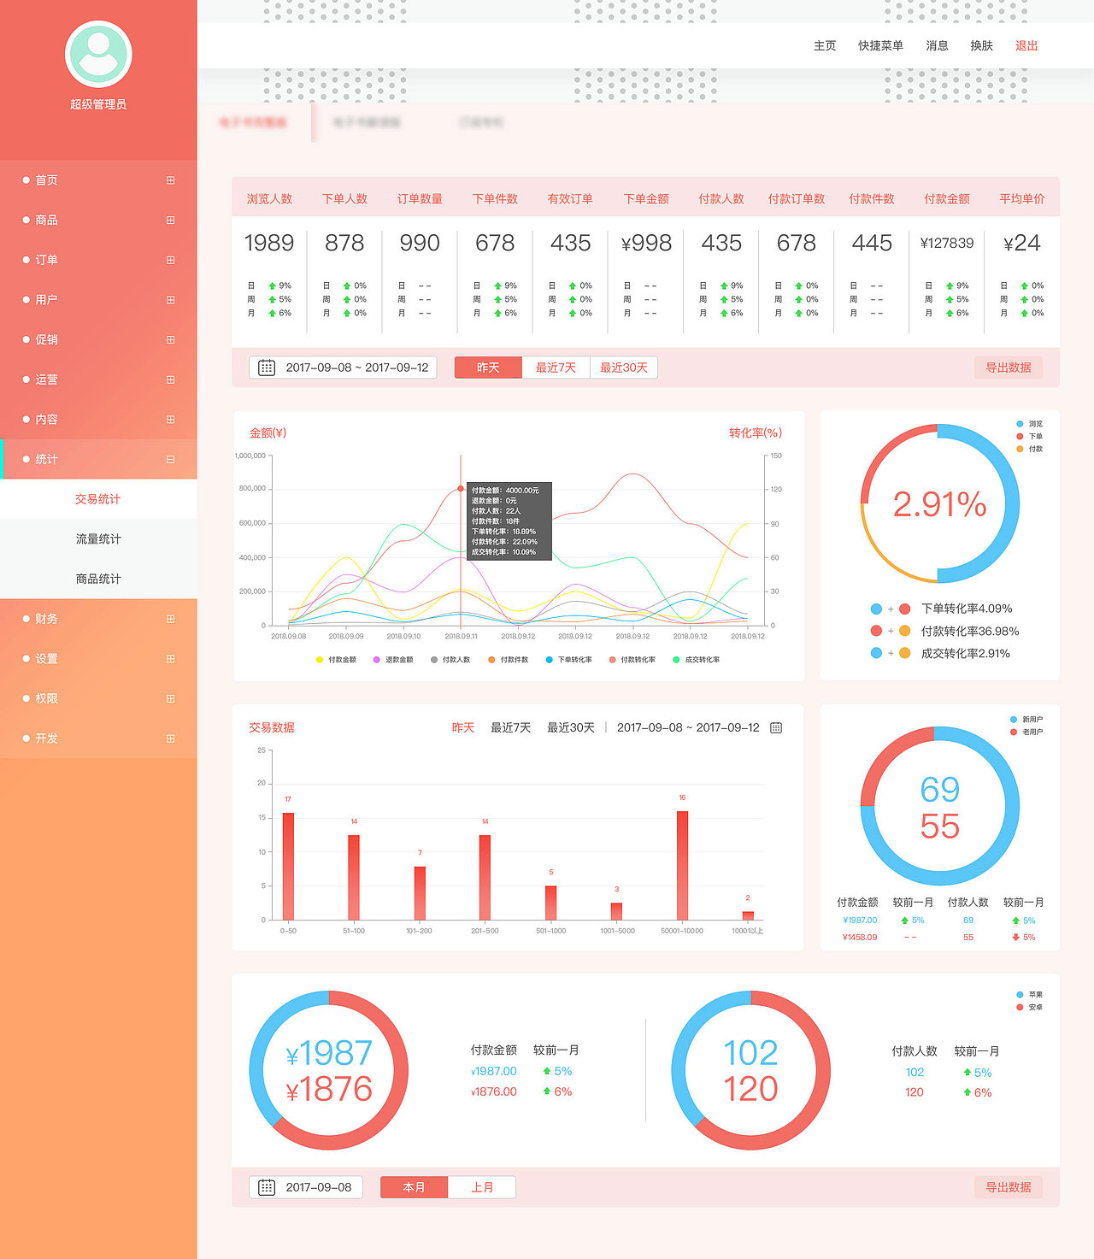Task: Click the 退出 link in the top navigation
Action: coord(1026,46)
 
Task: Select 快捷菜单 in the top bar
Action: coord(880,46)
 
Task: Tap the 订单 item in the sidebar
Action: coord(47,260)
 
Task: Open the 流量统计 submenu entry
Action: coord(98,539)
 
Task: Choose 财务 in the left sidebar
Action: coord(47,619)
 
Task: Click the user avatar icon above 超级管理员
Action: coord(98,54)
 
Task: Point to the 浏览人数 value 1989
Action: coord(269,244)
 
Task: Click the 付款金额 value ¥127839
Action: coord(947,244)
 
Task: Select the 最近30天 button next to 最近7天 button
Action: coord(623,368)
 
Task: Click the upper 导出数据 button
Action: coord(1008,368)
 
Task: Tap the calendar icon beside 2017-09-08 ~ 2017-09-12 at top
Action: coord(267,368)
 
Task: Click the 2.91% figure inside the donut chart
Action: coord(939,504)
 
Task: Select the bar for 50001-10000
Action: coord(682,865)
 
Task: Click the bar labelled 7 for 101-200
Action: coord(420,893)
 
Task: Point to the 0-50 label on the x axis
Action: coord(288,931)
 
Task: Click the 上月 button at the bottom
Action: coord(482,1187)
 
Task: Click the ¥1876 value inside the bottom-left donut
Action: coord(329,1090)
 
